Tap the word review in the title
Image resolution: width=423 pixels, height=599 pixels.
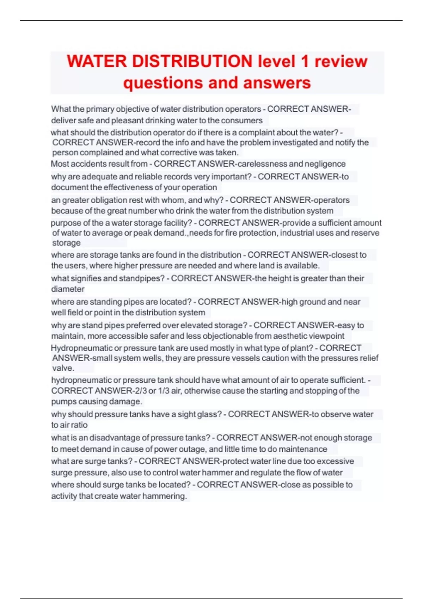coord(341,61)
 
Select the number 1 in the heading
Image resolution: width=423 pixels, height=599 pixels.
coord(305,61)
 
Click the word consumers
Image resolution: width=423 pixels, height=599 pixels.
coord(244,121)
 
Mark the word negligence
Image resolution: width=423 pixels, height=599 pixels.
coord(325,164)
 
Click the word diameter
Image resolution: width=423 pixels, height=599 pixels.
coord(68,289)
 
